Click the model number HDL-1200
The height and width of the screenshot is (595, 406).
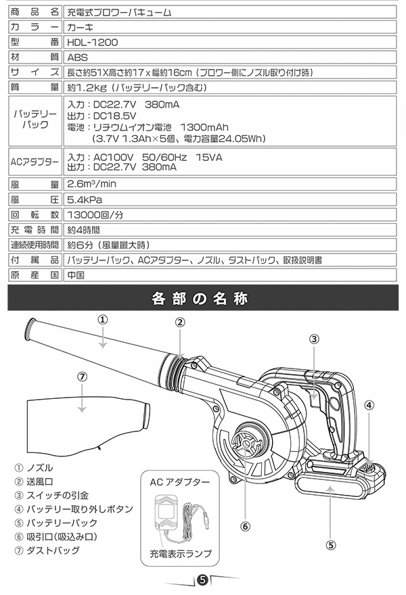pyautogui.click(x=92, y=42)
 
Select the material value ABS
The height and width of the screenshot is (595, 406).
pyautogui.click(x=77, y=57)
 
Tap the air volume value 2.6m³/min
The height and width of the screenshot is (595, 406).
pyautogui.click(x=91, y=184)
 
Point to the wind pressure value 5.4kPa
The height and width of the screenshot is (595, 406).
pyautogui.click(x=85, y=199)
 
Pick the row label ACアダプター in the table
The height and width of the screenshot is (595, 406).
pyautogui.click(x=35, y=162)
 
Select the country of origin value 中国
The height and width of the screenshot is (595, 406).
pyautogui.click(x=76, y=275)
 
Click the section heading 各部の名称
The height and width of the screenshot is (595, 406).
pyautogui.click(x=200, y=298)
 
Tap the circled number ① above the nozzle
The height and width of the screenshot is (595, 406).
pyautogui.click(x=103, y=320)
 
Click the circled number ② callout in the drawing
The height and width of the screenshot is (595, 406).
pyautogui.click(x=180, y=322)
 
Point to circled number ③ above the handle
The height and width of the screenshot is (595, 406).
pyautogui.click(x=314, y=339)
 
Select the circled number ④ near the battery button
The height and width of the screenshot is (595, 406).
pyautogui.click(x=369, y=405)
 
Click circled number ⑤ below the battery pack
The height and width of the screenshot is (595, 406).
pyautogui.click(x=331, y=545)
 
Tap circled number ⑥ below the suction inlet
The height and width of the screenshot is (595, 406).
pyautogui.click(x=246, y=526)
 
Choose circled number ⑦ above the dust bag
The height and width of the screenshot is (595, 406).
pyautogui.click(x=83, y=377)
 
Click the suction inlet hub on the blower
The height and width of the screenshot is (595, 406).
pyautogui.click(x=246, y=443)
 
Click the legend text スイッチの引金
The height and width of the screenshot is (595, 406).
pyautogui.click(x=58, y=495)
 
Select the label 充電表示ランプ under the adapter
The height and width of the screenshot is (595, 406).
pyautogui.click(x=181, y=554)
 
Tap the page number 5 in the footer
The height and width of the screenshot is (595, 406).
pyautogui.click(x=202, y=580)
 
